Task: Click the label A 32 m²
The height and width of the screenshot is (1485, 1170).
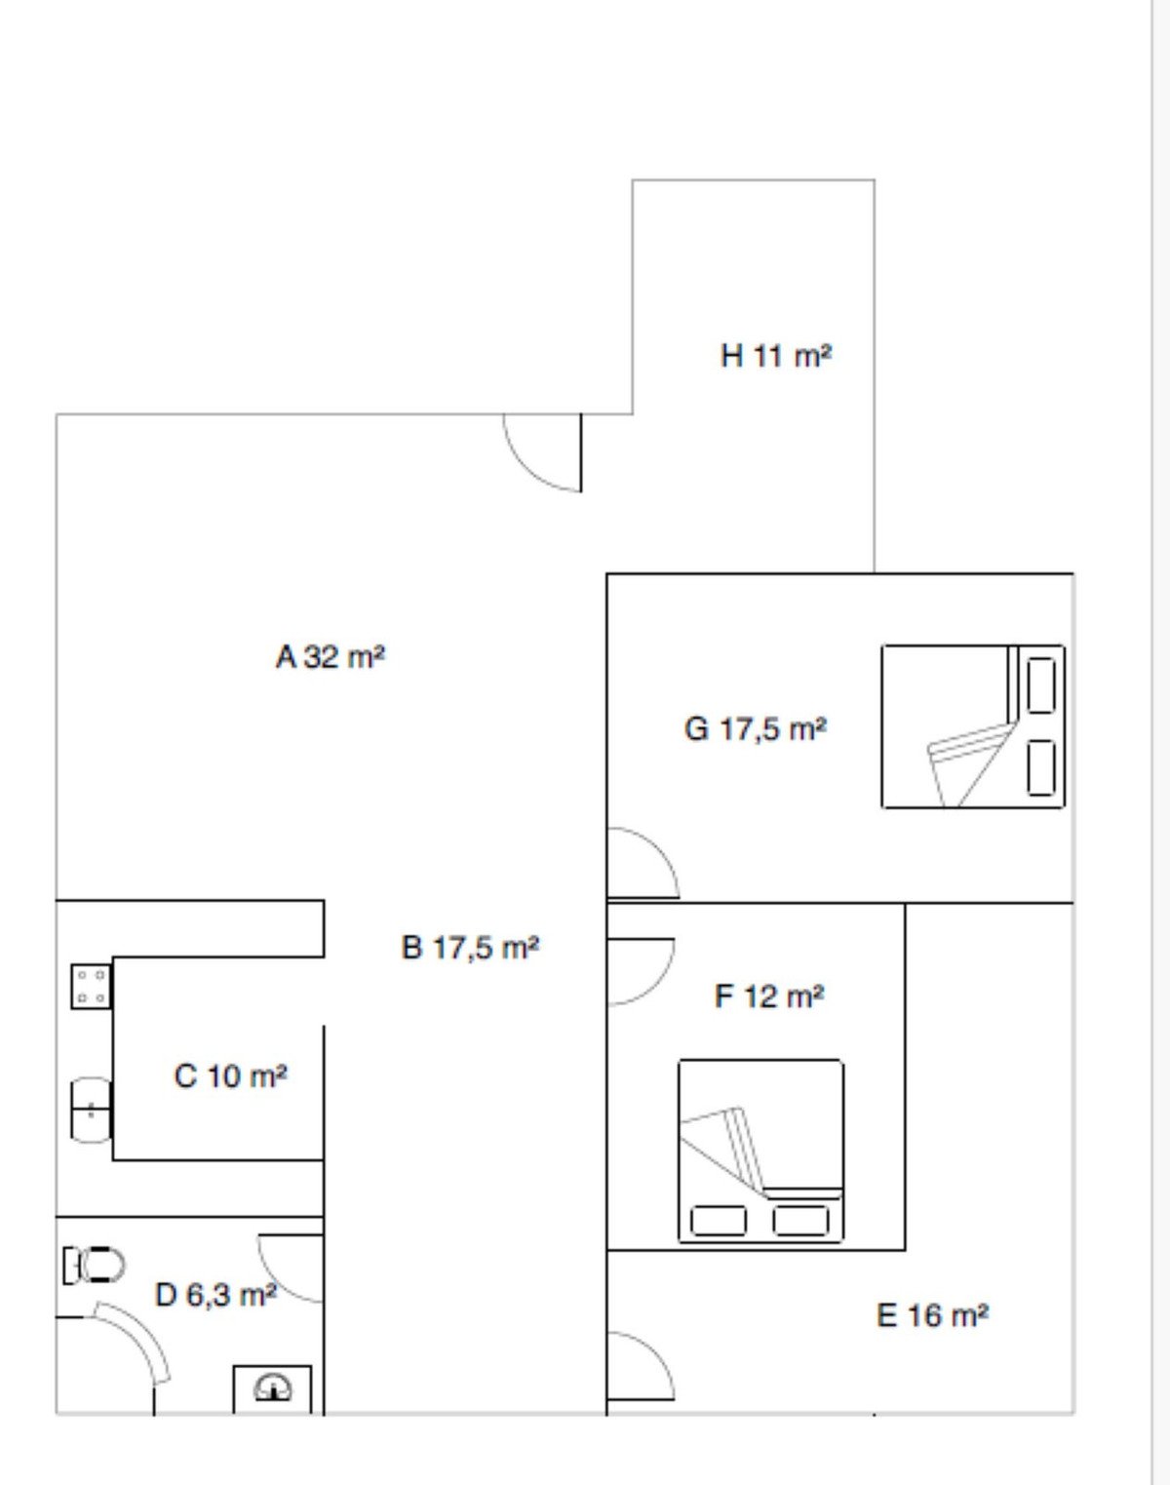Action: coord(330,656)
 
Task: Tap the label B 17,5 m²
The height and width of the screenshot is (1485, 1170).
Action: coord(470,947)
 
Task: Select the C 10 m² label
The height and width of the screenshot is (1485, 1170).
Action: coord(230,1075)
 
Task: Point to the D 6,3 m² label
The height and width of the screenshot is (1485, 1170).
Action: coord(216,1295)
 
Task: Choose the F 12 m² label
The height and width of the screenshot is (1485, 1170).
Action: coord(769,996)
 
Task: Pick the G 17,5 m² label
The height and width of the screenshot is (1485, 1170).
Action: coord(756,728)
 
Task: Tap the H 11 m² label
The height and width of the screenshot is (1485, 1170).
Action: coord(776,356)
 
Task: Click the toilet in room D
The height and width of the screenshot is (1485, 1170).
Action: coord(94,1266)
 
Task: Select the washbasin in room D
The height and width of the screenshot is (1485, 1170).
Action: coord(273,1388)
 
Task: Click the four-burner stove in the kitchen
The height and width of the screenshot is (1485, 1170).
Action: coord(91,987)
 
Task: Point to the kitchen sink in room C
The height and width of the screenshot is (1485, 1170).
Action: coord(91,1111)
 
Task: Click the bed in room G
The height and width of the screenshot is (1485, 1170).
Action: coord(973,726)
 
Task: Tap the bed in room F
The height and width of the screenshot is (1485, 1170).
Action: coord(760,1152)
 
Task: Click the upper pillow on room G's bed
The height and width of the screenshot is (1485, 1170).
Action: coord(1041,685)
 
